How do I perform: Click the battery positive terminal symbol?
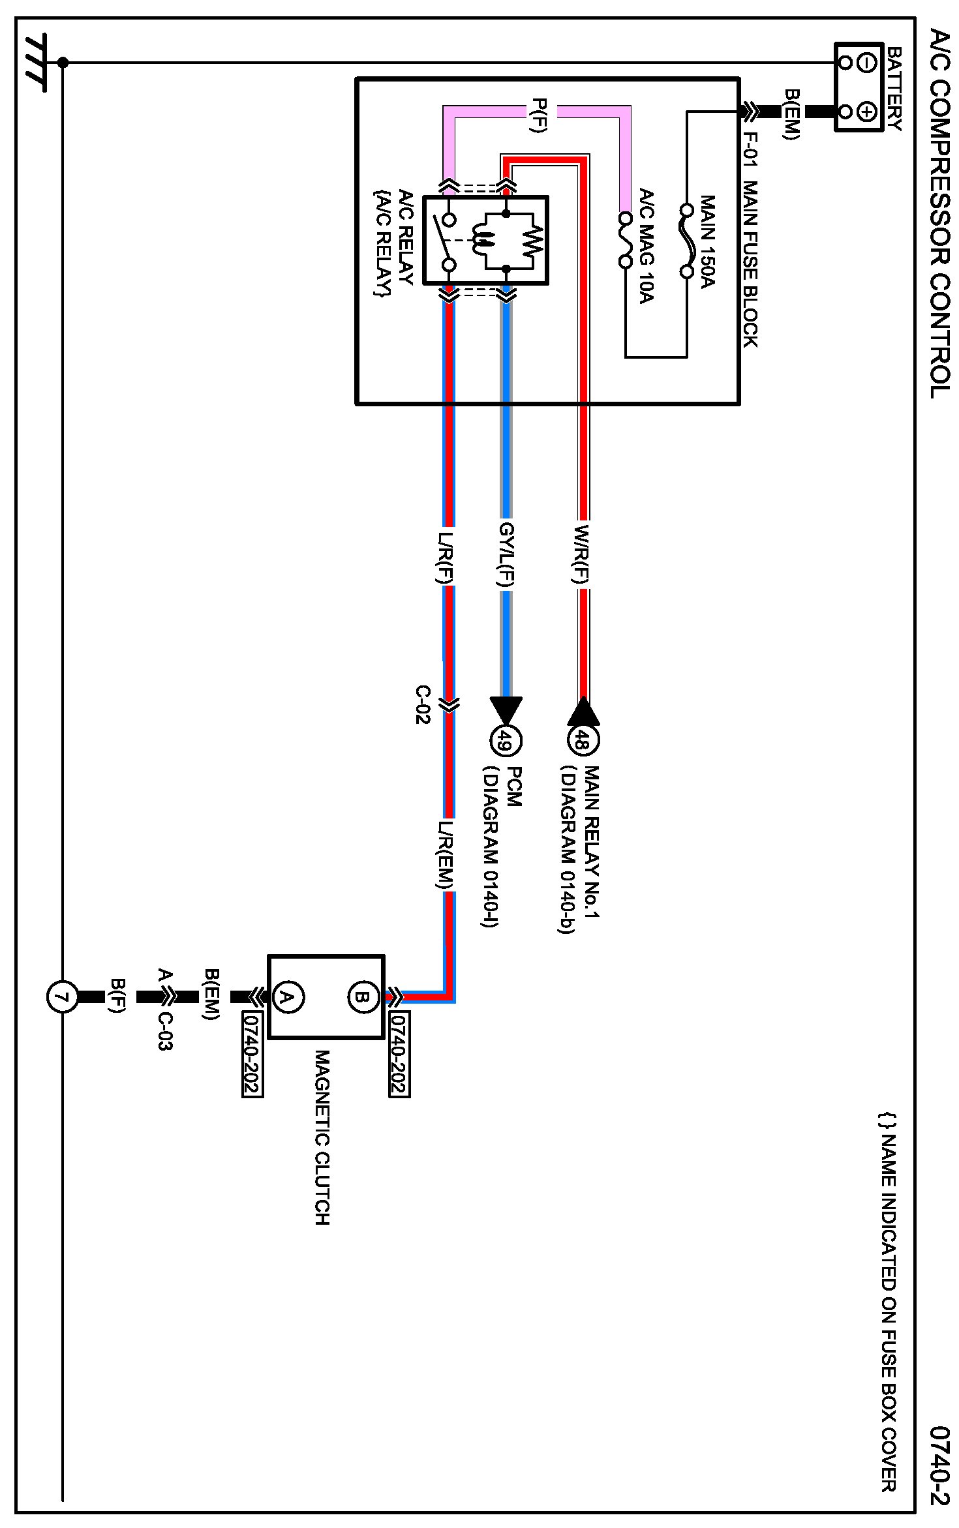click(x=866, y=112)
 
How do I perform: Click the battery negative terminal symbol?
click(x=866, y=63)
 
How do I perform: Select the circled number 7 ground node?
click(x=63, y=996)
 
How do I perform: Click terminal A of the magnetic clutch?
click(x=287, y=996)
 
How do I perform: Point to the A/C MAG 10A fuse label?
click(x=646, y=246)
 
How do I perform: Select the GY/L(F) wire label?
click(x=506, y=554)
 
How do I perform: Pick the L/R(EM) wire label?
click(x=445, y=854)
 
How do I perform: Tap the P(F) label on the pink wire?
click(x=538, y=115)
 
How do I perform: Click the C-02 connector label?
click(x=423, y=704)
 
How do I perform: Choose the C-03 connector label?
click(x=165, y=1030)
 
